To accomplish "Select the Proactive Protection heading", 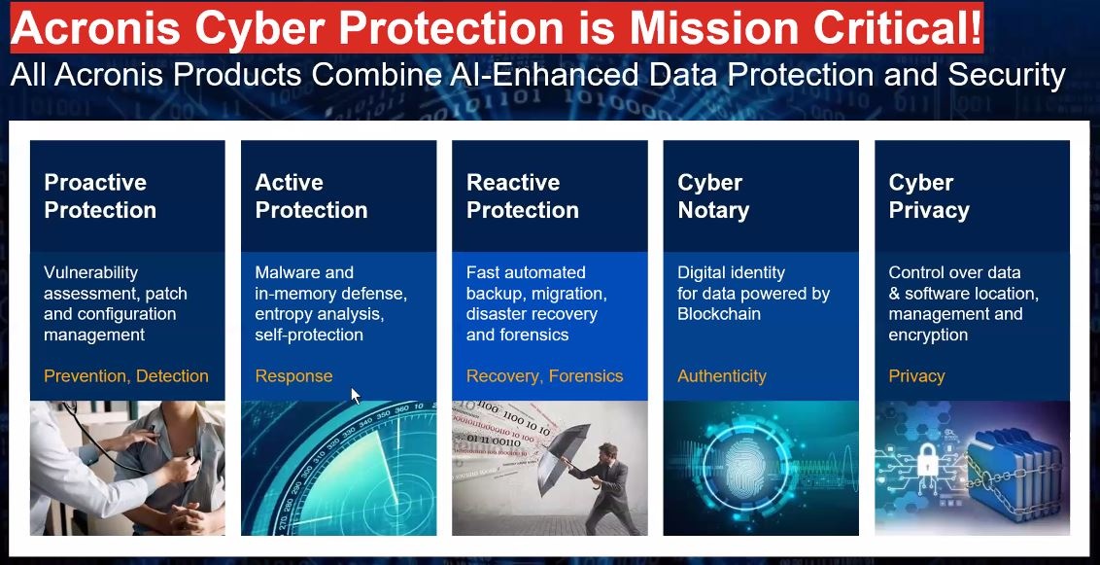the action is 100,195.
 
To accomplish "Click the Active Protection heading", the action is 312,195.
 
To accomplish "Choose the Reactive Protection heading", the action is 523,195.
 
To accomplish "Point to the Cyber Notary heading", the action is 713,195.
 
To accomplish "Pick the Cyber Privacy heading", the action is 929,195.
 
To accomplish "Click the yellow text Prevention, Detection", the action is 126,376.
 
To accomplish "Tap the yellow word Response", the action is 293,377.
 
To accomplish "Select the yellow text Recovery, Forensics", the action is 545,376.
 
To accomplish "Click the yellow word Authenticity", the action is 722,377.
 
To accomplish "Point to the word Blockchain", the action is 719,314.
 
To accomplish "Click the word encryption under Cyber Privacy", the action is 928,335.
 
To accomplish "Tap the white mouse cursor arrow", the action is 356,395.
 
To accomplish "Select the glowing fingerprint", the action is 745,470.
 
